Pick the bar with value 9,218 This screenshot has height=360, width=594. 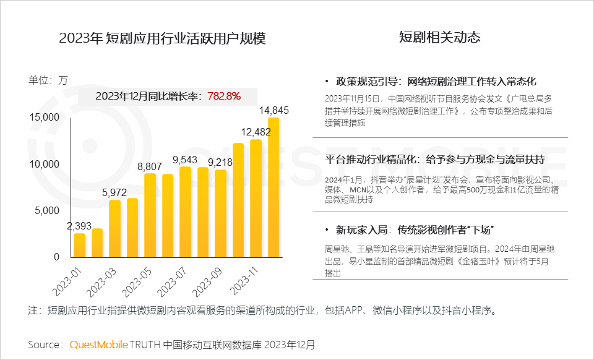[220, 213]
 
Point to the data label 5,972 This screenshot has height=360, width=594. [118, 192]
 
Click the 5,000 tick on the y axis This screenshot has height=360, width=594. [47, 210]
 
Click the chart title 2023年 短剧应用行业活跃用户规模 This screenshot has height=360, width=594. [162, 38]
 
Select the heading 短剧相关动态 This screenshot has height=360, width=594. [439, 38]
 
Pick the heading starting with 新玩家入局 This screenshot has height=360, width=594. [413, 230]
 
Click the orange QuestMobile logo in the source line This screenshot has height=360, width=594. [98, 344]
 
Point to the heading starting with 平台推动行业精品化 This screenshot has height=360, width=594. [435, 159]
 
